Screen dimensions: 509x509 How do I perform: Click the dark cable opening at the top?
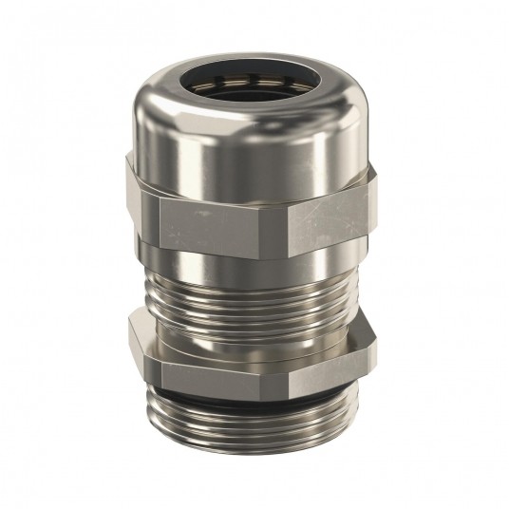[253, 90]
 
